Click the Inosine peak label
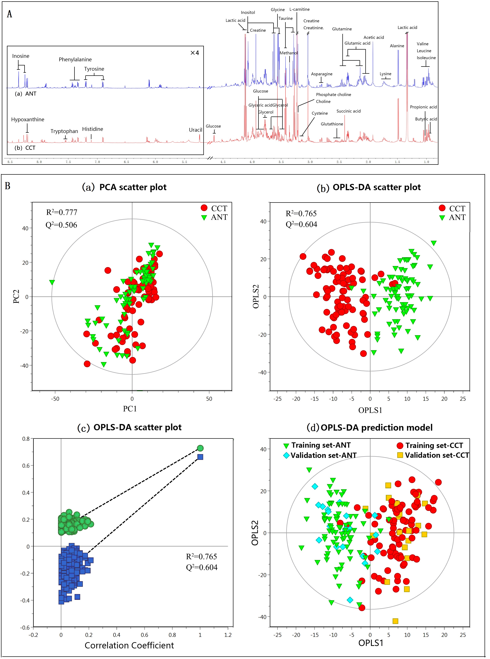click(x=21, y=56)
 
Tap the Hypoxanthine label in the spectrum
click(x=28, y=119)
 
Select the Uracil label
click(x=195, y=130)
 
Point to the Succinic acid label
click(x=348, y=111)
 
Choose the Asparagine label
click(x=322, y=74)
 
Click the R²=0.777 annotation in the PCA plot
click(x=62, y=213)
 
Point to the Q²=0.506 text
click(x=61, y=225)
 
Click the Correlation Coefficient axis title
click(x=129, y=645)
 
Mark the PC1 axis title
click(x=130, y=409)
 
